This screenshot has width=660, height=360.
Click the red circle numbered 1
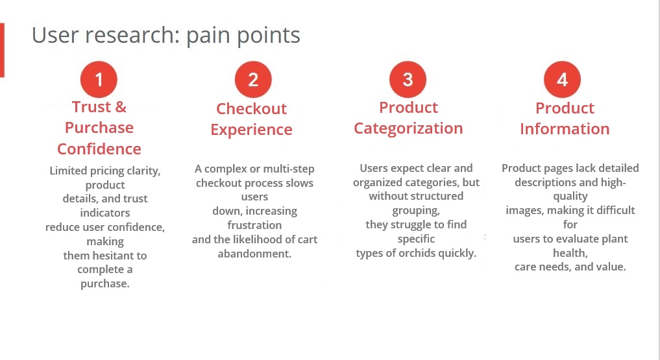pyautogui.click(x=99, y=80)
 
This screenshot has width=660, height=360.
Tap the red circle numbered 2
pyautogui.click(x=253, y=80)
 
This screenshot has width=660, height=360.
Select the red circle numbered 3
pyautogui.click(x=408, y=80)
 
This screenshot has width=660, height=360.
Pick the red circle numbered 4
pyautogui.click(x=563, y=80)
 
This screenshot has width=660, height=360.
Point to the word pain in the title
pyautogui.click(x=208, y=36)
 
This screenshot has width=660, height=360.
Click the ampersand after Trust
pyautogui.click(x=121, y=107)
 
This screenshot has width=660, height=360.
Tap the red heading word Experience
pyautogui.click(x=251, y=130)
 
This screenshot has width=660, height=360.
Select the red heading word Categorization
pyautogui.click(x=408, y=128)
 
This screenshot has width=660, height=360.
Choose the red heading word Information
pyautogui.click(x=565, y=128)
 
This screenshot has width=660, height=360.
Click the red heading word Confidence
pyautogui.click(x=99, y=149)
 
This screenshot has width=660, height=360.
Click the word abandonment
pyautogui.click(x=254, y=254)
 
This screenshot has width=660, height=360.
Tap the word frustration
pyautogui.click(x=254, y=225)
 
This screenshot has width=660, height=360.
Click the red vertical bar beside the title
pyautogui.click(x=2, y=51)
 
